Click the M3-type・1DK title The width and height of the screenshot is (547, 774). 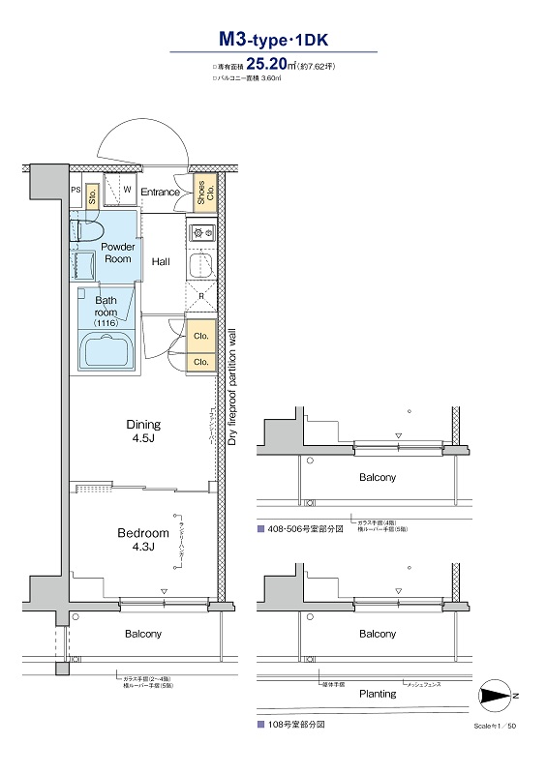point(273,40)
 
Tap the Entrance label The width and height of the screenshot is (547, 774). point(160,192)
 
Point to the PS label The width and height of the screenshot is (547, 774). point(76,191)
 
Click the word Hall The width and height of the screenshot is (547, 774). point(161,261)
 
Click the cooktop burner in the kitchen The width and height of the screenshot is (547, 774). point(202,231)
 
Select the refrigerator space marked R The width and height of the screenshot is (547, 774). point(200,296)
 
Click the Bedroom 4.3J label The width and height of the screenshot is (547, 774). point(143,540)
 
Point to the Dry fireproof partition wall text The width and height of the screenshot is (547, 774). point(232,386)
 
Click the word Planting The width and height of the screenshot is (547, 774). point(378,694)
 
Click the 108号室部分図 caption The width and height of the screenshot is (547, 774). point(295,724)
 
